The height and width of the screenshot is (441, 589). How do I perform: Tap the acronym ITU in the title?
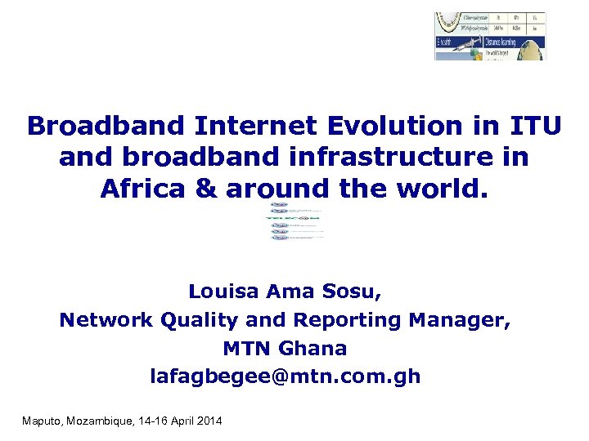tap(535, 127)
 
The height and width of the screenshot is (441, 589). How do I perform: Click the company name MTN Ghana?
tap(285, 349)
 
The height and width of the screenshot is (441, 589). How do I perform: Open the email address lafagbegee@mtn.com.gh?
tap(285, 376)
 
